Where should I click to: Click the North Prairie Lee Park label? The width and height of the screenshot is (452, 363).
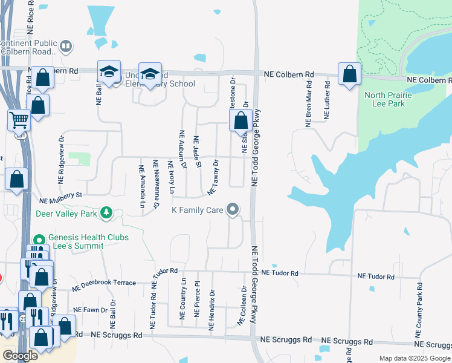(x=387, y=100)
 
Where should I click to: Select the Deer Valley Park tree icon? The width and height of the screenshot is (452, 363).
(x=106, y=212)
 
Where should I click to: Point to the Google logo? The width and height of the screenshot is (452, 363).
(x=20, y=355)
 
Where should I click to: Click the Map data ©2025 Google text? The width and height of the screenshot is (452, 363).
(x=415, y=358)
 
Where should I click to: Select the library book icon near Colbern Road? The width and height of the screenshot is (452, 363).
(x=65, y=46)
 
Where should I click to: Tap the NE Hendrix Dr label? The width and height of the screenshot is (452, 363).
(x=212, y=310)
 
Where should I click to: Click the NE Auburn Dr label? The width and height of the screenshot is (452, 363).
(x=182, y=149)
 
